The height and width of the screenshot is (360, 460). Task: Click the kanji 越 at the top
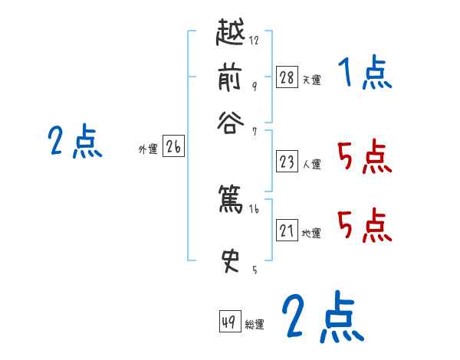click(x=232, y=35)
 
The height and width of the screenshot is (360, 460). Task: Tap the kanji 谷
click(x=233, y=122)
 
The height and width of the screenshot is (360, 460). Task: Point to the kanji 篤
click(x=232, y=200)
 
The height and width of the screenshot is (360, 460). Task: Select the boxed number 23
click(x=287, y=162)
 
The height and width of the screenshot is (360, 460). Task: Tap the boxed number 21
click(x=287, y=231)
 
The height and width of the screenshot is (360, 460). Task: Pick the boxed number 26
click(x=173, y=147)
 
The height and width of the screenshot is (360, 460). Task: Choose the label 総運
click(x=255, y=324)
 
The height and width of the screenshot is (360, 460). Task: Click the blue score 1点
click(x=364, y=75)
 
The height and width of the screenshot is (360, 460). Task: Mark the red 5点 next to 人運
click(x=364, y=159)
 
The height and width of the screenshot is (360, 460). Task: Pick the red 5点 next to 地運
click(x=364, y=227)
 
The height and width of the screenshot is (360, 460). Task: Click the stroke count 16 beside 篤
click(x=255, y=209)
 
